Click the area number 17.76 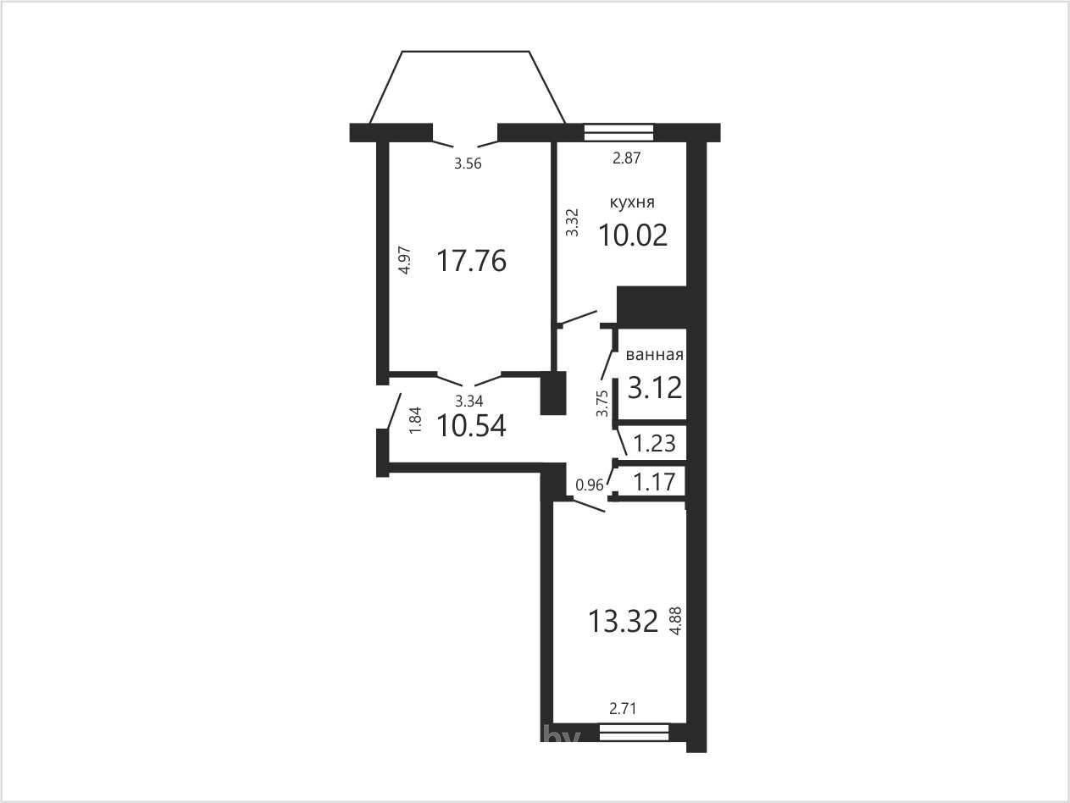click(471, 261)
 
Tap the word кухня click(632, 202)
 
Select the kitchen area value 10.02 click(633, 235)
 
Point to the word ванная click(654, 355)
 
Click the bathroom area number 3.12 click(655, 388)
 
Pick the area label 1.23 click(654, 444)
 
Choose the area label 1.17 click(654, 482)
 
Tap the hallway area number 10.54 click(471, 425)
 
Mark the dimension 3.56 click(468, 163)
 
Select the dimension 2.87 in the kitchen click(626, 158)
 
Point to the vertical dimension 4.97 click(405, 261)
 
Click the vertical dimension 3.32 click(572, 223)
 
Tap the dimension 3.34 click(469, 401)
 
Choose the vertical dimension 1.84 click(415, 420)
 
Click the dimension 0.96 click(590, 485)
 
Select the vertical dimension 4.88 click(676, 620)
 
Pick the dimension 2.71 click(623, 708)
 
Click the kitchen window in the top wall click(618, 132)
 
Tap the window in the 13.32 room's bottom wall click(635, 732)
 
